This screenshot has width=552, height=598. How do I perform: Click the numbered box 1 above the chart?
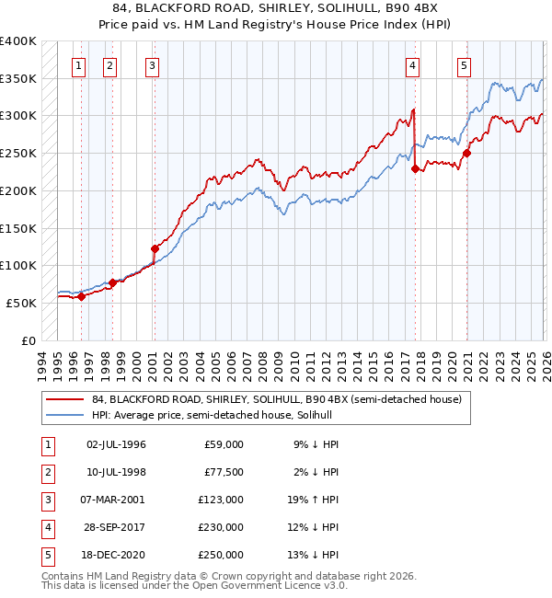tap(78, 65)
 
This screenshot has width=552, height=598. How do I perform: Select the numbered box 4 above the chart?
tap(413, 65)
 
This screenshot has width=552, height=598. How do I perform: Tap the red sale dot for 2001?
tap(155, 247)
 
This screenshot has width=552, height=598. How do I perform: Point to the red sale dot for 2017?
tap(415, 168)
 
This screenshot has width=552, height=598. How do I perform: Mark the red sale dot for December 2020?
tap(466, 153)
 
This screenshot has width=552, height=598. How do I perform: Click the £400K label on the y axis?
tap(18, 41)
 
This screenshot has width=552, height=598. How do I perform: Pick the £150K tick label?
tap(18, 227)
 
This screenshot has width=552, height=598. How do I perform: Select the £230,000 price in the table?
tap(221, 527)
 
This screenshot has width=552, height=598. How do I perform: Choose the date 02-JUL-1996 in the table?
tap(116, 444)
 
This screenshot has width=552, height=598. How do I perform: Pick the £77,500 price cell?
tap(224, 472)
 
